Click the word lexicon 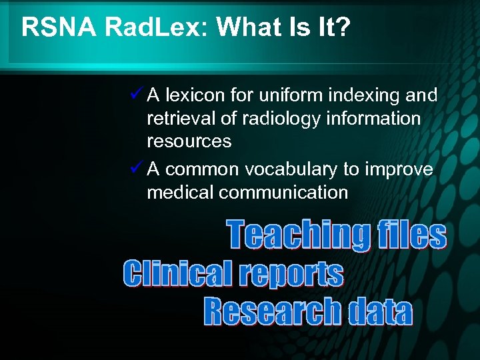(x=194, y=96)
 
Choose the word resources (x=189, y=141)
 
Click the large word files (x=411, y=235)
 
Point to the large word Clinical (x=176, y=273)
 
